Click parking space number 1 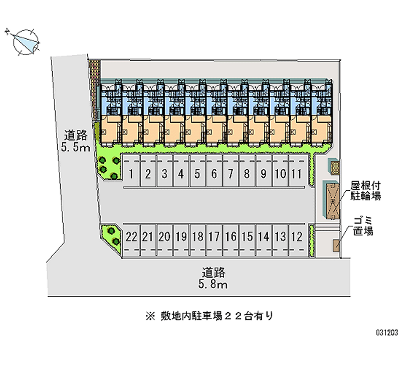(131, 174)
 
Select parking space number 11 (296, 174)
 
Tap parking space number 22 (132, 236)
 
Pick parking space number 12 (296, 236)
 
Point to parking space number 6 (214, 174)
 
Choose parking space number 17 (214, 236)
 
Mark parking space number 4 (180, 174)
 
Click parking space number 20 (164, 236)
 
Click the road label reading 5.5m (77, 141)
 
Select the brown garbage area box (335, 246)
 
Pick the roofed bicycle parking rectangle (333, 200)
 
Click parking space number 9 (263, 174)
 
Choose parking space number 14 (263, 236)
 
